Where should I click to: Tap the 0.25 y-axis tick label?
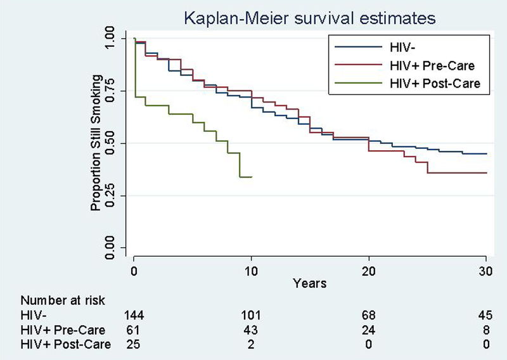tap(111, 195)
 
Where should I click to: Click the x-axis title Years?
tap(309, 283)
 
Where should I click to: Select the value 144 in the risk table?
tap(134, 315)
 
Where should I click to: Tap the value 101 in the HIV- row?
tap(252, 315)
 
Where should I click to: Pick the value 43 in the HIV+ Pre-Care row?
tap(252, 329)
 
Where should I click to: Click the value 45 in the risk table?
tap(486, 315)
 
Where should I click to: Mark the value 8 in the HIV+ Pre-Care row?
tap(486, 329)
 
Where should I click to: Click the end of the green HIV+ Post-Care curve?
tap(252, 177)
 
